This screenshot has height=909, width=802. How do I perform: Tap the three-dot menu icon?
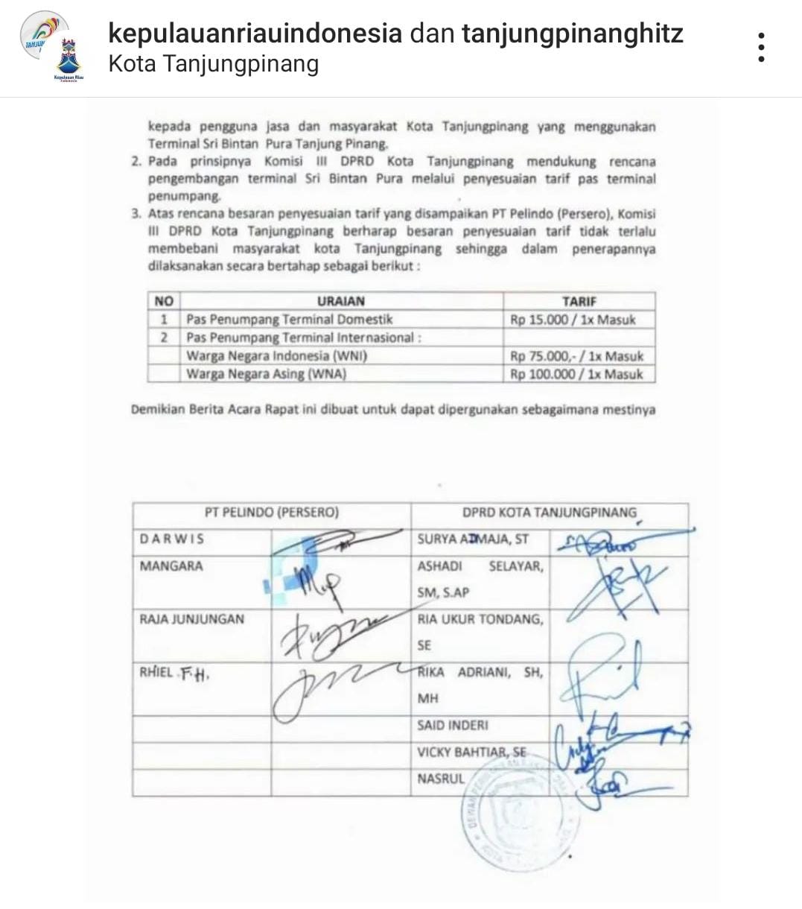pos(760,48)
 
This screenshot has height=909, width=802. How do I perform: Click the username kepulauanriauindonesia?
pos(255,33)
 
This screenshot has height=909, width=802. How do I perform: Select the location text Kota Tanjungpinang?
pos(214,64)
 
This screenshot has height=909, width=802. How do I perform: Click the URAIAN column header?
pos(340,301)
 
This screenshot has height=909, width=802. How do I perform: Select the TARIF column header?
pos(579,301)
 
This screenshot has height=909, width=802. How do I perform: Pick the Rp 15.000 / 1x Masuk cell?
pos(573,320)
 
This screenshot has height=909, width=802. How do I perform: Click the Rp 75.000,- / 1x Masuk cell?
pos(576,356)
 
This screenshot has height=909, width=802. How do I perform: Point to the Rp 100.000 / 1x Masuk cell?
pos(576,374)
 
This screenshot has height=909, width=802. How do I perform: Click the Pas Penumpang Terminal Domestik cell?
pos(289,320)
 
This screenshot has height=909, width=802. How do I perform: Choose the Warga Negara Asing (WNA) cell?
pos(266,374)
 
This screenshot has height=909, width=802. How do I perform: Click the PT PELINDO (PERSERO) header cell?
pos(271,513)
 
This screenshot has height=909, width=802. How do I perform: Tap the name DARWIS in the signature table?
pos(171,539)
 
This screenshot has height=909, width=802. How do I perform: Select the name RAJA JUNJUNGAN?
pos(191,618)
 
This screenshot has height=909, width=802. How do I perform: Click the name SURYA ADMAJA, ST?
pos(473,539)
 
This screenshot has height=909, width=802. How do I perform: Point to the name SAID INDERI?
pos(453,725)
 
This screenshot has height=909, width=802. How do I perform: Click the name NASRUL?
pos(440,779)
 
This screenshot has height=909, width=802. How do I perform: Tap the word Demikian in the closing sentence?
pos(158,409)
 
